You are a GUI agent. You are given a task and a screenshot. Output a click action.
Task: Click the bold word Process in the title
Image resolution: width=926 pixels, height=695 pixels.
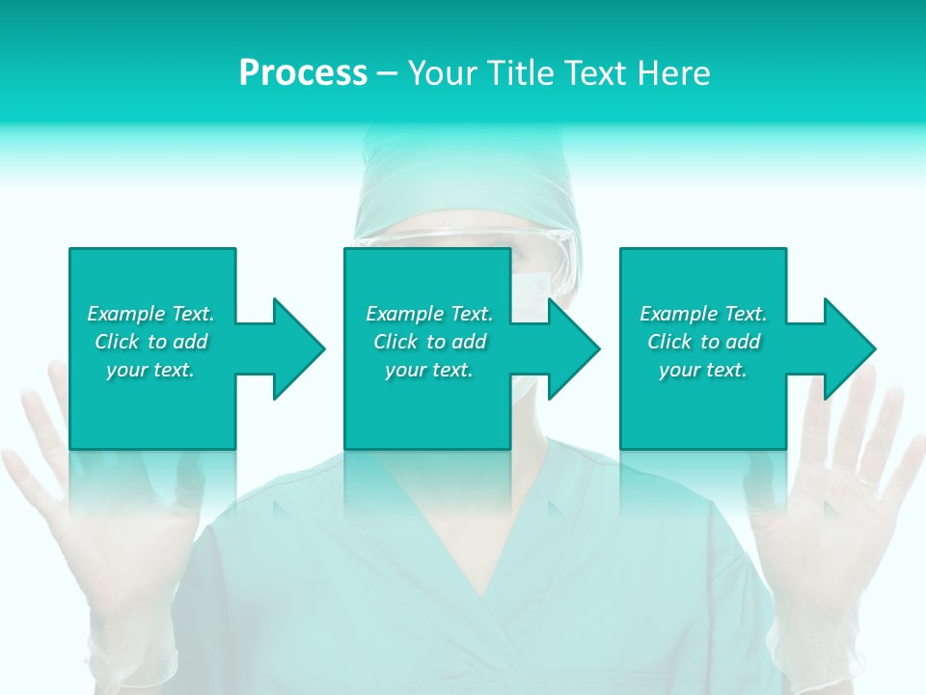303,73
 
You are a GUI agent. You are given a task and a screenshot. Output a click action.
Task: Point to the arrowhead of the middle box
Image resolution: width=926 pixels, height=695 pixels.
572,348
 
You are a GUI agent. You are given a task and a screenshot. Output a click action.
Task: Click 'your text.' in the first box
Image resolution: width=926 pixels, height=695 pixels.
150,370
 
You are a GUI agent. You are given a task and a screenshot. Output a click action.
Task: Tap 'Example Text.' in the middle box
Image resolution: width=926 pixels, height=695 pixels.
429,314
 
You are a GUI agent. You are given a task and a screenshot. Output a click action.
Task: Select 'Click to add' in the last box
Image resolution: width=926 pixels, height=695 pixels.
703,342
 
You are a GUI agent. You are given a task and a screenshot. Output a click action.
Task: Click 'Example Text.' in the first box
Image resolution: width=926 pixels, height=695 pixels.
150,314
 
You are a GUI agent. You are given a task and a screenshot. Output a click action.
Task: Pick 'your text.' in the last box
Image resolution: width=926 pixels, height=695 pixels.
703,370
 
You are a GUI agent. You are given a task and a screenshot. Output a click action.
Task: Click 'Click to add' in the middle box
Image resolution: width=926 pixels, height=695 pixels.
429,342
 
